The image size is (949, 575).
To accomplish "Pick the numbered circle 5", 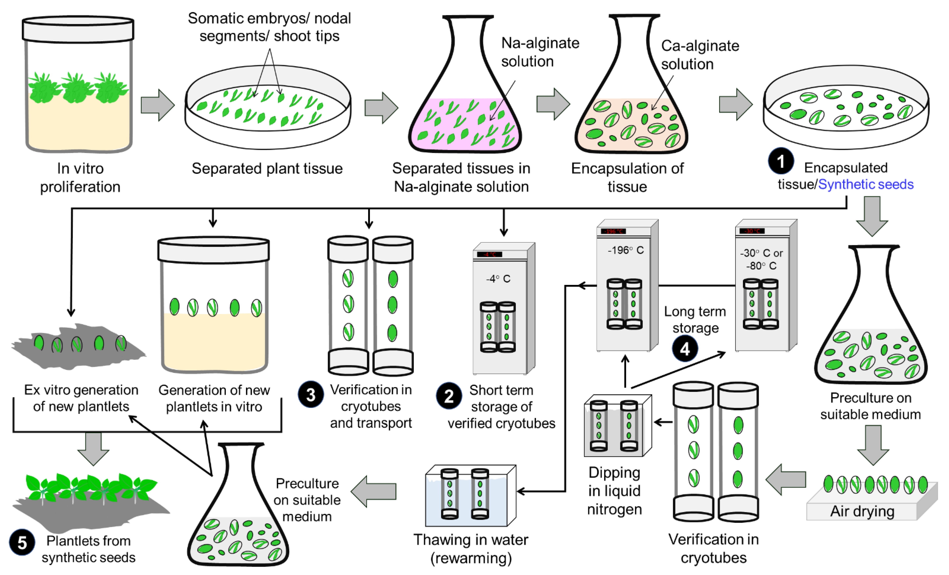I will [22, 542].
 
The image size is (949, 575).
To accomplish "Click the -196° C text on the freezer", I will [626, 250].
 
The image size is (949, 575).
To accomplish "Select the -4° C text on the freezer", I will [498, 279].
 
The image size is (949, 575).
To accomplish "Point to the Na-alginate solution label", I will [540, 52].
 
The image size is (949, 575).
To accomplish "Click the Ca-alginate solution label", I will [700, 55].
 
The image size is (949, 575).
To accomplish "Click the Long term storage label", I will [695, 319].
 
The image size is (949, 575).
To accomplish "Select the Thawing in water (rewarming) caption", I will [471, 548].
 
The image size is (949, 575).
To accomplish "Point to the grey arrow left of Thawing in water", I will [374, 491].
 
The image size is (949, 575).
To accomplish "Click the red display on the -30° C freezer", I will [752, 231].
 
